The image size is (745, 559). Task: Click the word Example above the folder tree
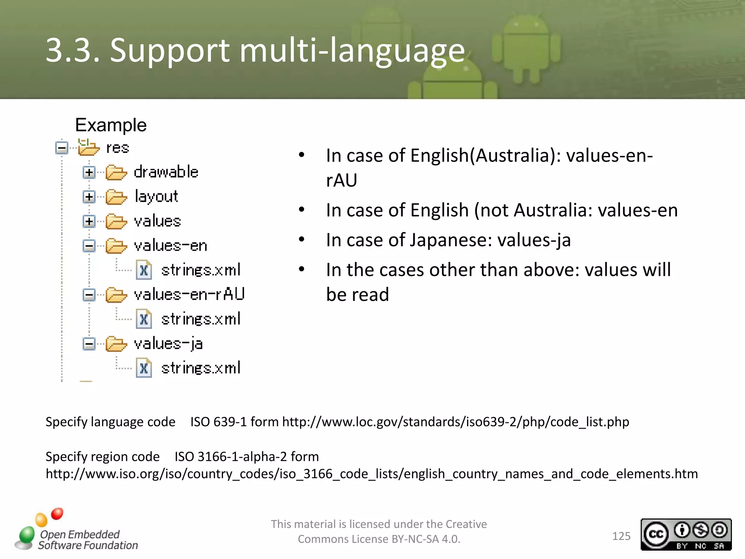pyautogui.click(x=111, y=125)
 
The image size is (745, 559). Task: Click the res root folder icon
pyautogui.click(x=88, y=147)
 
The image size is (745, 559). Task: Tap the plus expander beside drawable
pyautogui.click(x=89, y=172)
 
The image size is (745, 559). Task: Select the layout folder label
pyautogui.click(x=156, y=197)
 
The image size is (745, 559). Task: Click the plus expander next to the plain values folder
pyautogui.click(x=89, y=221)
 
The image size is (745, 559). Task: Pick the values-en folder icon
pyautogui.click(x=116, y=246)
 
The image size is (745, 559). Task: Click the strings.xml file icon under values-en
pyautogui.click(x=144, y=270)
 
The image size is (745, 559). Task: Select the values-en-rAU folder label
pyautogui.click(x=189, y=294)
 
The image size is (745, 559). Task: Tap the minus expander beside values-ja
pyautogui.click(x=89, y=344)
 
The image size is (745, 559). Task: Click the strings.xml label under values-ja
pyautogui.click(x=201, y=368)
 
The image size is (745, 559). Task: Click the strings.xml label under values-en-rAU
pyautogui.click(x=201, y=319)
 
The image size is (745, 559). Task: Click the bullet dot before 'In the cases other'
pyautogui.click(x=302, y=269)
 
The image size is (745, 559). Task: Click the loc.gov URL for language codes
pyautogui.click(x=455, y=422)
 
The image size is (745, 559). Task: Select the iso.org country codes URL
pyautogui.click(x=371, y=474)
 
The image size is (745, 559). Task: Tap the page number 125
pyautogui.click(x=621, y=536)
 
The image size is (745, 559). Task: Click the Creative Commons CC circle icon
pyautogui.click(x=656, y=534)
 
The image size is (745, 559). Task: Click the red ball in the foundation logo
pyautogui.click(x=57, y=514)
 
